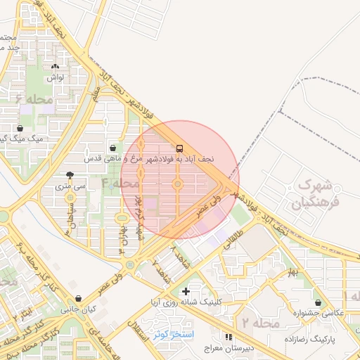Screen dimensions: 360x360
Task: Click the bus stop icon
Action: pyautogui.click(x=180, y=148)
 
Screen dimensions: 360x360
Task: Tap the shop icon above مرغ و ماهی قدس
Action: pyautogui.click(x=113, y=148)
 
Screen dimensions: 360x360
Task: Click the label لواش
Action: pyautogui.click(x=56, y=77)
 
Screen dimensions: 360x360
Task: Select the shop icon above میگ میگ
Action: pyautogui.click(x=20, y=129)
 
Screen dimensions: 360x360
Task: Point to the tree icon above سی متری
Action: pyautogui.click(x=69, y=175)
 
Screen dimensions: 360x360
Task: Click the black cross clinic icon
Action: pyautogui.click(x=186, y=290)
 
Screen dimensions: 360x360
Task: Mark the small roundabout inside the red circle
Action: pyautogui.click(x=177, y=185)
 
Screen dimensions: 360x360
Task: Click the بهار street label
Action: pyautogui.click(x=292, y=271)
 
